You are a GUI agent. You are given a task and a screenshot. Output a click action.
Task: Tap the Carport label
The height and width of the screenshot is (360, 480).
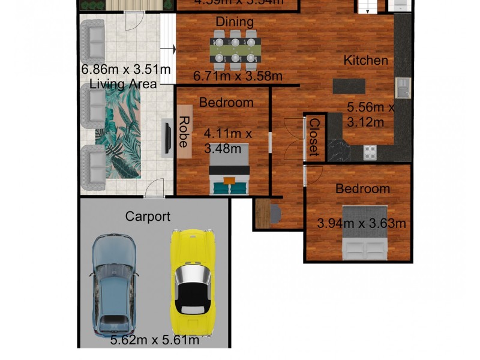(148, 217)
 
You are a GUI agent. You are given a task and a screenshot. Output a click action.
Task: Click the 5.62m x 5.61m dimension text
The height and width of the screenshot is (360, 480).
(155, 341)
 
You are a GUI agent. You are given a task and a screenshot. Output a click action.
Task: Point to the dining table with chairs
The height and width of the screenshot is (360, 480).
(235, 50)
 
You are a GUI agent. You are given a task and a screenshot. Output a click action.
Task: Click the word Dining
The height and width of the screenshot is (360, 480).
(235, 22)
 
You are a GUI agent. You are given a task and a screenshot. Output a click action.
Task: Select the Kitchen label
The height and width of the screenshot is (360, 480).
(365, 61)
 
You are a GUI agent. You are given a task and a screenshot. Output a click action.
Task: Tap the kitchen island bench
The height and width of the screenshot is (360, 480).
(349, 86)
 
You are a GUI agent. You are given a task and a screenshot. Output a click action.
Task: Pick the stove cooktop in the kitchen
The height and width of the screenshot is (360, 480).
(370, 152)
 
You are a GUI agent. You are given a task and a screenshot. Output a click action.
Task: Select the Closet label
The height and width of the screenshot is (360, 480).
(314, 136)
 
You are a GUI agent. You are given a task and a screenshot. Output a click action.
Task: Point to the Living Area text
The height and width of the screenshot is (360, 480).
(123, 85)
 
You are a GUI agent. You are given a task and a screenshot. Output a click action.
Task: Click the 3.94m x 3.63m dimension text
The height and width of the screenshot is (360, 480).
(361, 224)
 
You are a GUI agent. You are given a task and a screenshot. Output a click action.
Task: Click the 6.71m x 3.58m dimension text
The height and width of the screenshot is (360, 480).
(237, 76)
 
